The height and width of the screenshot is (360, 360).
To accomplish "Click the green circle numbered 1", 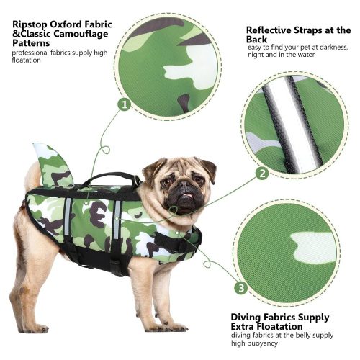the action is tap(125, 105).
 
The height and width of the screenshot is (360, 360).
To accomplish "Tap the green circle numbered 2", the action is tap(263, 174).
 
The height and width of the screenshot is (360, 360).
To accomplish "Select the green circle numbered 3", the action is tap(241, 287).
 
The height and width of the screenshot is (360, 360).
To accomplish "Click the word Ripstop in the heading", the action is tap(30, 24).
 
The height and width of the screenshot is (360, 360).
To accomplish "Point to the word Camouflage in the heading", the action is tap(81, 34).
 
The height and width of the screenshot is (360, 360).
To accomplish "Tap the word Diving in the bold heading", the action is tap(246, 318).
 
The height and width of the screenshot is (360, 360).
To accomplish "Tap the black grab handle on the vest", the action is tap(111, 178).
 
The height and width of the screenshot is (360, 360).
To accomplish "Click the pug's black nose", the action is tap(184, 185).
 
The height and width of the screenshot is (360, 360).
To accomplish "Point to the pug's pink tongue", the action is tap(188, 197).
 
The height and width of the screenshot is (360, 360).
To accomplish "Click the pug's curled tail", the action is tap(34, 174).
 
